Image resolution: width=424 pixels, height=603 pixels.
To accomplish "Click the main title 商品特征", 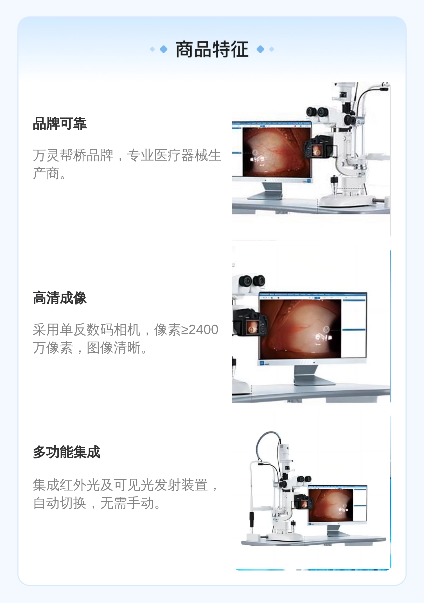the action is [x=212, y=49].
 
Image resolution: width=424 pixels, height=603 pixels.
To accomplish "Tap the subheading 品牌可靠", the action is [x=60, y=124].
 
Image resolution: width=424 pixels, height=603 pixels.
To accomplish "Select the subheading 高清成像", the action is [x=60, y=298].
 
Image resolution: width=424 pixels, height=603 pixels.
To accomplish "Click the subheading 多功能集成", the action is [x=67, y=452].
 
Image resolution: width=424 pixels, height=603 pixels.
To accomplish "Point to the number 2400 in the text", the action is [x=204, y=330].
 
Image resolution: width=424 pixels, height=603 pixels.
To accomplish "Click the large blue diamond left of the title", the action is [x=164, y=49].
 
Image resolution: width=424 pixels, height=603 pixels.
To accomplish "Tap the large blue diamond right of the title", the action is [x=261, y=49].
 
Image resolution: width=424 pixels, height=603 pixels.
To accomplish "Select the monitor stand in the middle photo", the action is [x=314, y=375].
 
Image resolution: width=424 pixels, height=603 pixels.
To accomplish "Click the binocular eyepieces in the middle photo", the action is [x=252, y=280].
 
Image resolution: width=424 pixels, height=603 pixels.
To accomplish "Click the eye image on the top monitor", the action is [x=277, y=152].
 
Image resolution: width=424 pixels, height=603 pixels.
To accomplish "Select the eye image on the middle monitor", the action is [x=300, y=328].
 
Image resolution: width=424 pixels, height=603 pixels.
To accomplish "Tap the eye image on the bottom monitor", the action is [x=331, y=505].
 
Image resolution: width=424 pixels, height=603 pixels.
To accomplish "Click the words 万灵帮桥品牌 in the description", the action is [x=73, y=155].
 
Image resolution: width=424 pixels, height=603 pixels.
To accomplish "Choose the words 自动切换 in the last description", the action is [x=60, y=503].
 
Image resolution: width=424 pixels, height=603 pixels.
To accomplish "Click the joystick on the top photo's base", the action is [x=334, y=184].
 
